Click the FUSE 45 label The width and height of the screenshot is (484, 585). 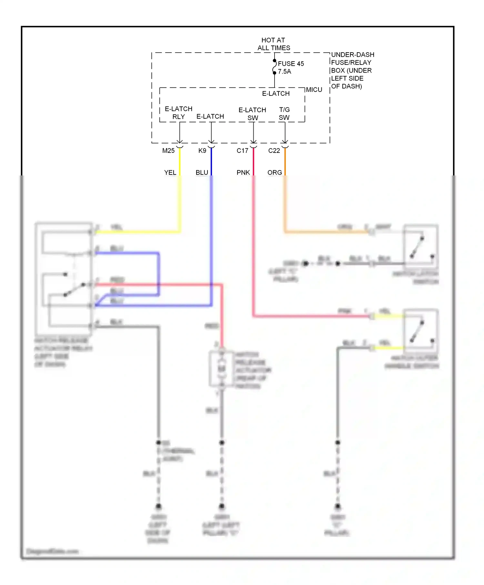290,64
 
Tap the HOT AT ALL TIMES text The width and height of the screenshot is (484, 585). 273,44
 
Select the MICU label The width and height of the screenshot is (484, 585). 314,90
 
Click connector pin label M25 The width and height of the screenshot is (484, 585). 168,151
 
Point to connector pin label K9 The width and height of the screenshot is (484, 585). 202,151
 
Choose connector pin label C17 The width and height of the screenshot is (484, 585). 242,151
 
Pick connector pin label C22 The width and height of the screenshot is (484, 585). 274,151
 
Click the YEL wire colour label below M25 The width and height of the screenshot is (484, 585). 170,173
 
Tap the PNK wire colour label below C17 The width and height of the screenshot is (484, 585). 243,173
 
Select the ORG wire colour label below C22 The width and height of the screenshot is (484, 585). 275,173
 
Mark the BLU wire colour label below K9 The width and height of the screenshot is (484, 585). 202,173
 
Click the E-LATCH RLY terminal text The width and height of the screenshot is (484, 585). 178,113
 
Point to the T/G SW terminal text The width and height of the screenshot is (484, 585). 284,114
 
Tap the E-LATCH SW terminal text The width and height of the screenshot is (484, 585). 252,114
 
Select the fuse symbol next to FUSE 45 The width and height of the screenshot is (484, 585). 274,67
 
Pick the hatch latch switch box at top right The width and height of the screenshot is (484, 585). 420,247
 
